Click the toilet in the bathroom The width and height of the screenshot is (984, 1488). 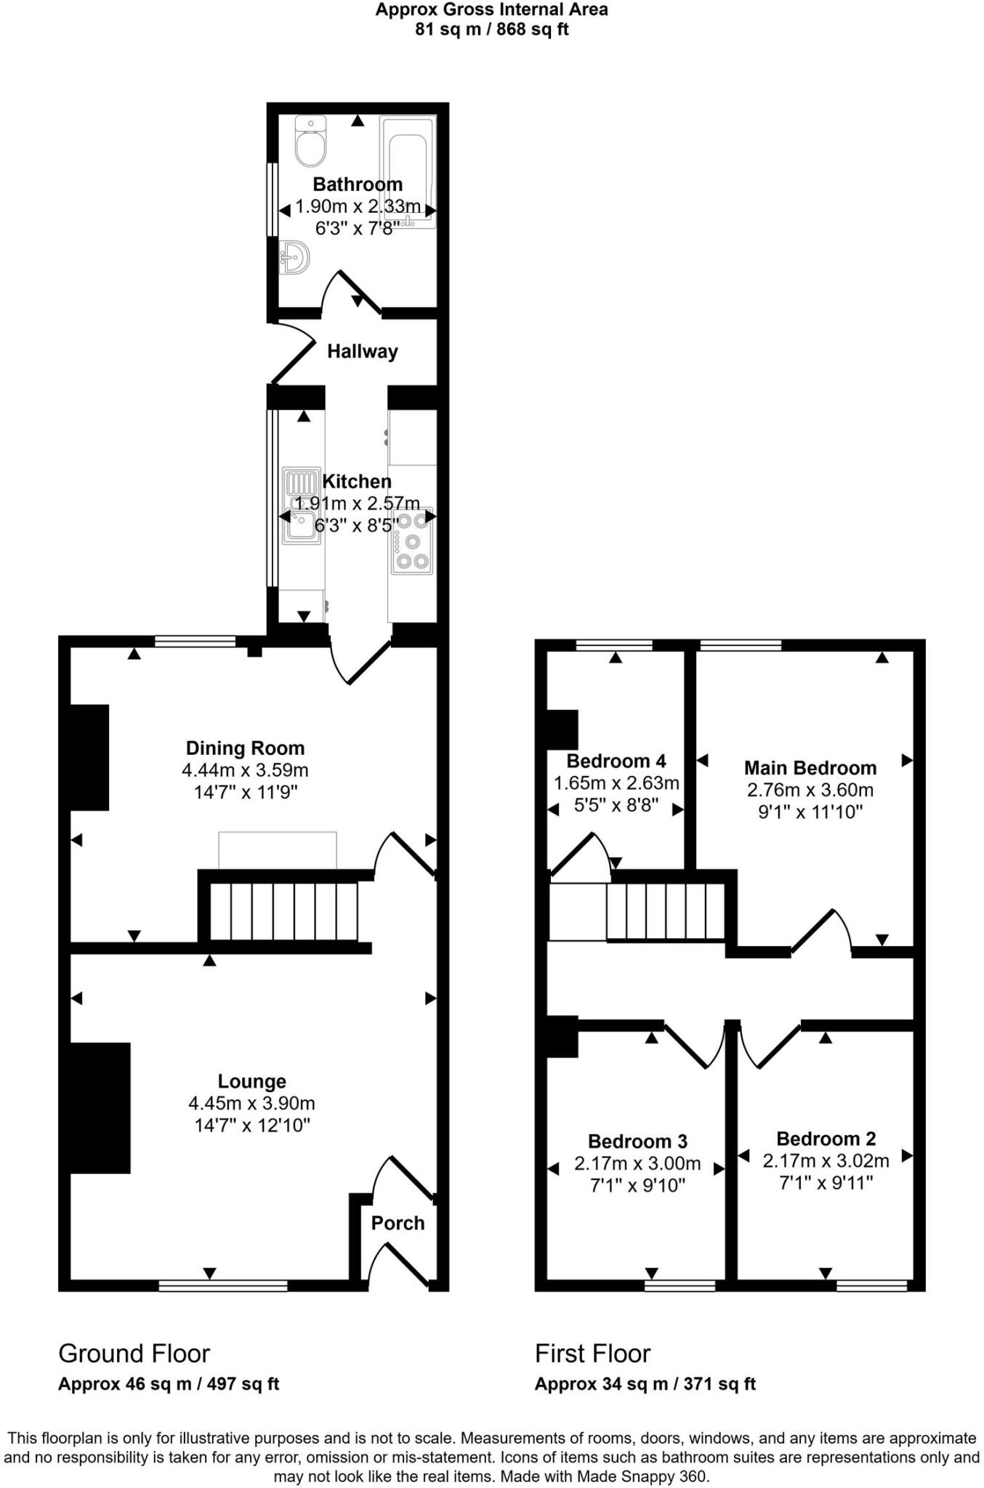(310, 143)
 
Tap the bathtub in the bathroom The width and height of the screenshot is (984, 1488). (408, 171)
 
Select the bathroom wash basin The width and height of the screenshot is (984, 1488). (295, 257)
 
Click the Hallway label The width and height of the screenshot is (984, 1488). (362, 352)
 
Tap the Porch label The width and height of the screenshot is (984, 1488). (398, 1223)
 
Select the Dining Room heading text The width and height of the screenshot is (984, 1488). (245, 748)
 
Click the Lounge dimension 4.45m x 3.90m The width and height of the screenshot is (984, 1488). (251, 1104)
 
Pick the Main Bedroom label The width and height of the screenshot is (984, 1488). (810, 768)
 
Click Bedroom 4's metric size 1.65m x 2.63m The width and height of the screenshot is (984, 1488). (616, 783)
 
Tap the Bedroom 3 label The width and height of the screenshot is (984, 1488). (637, 1141)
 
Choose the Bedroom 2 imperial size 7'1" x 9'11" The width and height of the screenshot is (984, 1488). (826, 1183)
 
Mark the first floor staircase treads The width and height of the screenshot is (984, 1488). (666, 911)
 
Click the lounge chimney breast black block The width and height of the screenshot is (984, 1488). (100, 1108)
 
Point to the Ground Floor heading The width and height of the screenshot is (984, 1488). (134, 1354)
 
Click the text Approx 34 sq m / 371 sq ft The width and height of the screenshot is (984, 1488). (645, 1384)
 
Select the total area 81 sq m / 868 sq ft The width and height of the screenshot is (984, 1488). (491, 30)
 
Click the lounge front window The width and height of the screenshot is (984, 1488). (223, 1286)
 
